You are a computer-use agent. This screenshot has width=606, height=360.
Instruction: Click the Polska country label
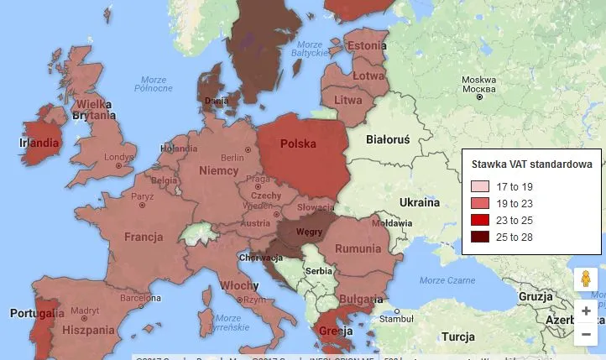point(298,144)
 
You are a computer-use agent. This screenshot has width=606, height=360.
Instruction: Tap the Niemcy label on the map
point(218,171)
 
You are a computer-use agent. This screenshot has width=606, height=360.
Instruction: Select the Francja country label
point(144,237)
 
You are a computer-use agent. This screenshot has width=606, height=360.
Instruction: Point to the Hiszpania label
point(88,331)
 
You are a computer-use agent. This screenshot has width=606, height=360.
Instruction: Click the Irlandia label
point(39,143)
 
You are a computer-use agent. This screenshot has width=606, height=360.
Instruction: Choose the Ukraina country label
point(419,203)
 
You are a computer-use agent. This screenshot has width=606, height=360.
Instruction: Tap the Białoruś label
point(389,140)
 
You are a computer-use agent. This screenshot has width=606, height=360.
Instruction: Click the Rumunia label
point(358,249)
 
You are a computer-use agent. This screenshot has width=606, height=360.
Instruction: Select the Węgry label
point(310,232)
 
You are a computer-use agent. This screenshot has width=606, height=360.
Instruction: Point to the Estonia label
point(366,46)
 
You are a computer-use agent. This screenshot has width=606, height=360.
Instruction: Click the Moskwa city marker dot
point(479,97)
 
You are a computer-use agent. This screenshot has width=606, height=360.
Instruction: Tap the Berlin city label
point(232,158)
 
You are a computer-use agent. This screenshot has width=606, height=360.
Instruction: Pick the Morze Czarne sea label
point(447,280)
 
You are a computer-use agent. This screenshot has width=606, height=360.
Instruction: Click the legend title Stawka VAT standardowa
point(531,164)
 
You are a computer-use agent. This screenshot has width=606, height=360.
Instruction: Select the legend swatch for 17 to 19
point(479,187)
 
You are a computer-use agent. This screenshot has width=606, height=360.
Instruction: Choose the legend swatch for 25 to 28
point(479,237)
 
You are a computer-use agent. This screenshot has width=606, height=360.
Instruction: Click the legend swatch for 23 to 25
point(479,221)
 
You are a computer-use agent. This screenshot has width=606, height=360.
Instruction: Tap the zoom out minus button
point(586,334)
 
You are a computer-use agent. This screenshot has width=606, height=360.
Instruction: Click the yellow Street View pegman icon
point(586,279)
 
